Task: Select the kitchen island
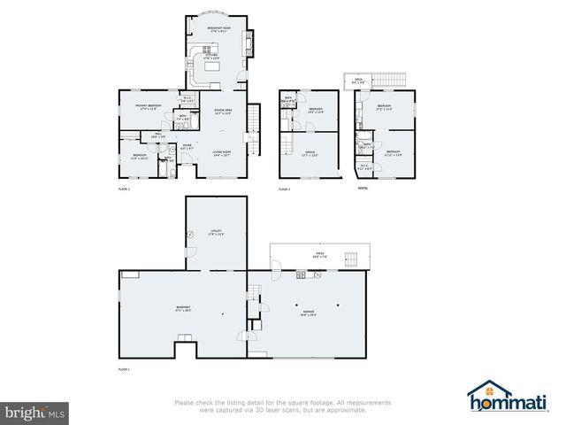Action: click(x=213, y=67)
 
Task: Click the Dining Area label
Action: click(x=223, y=111)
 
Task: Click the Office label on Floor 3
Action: click(x=310, y=155)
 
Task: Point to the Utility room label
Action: click(x=216, y=232)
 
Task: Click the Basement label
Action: click(x=183, y=307)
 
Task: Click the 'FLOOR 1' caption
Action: click(x=124, y=368)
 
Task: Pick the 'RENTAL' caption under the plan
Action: click(x=363, y=189)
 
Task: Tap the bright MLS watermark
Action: click(x=34, y=413)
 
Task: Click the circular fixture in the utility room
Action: click(x=191, y=234)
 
